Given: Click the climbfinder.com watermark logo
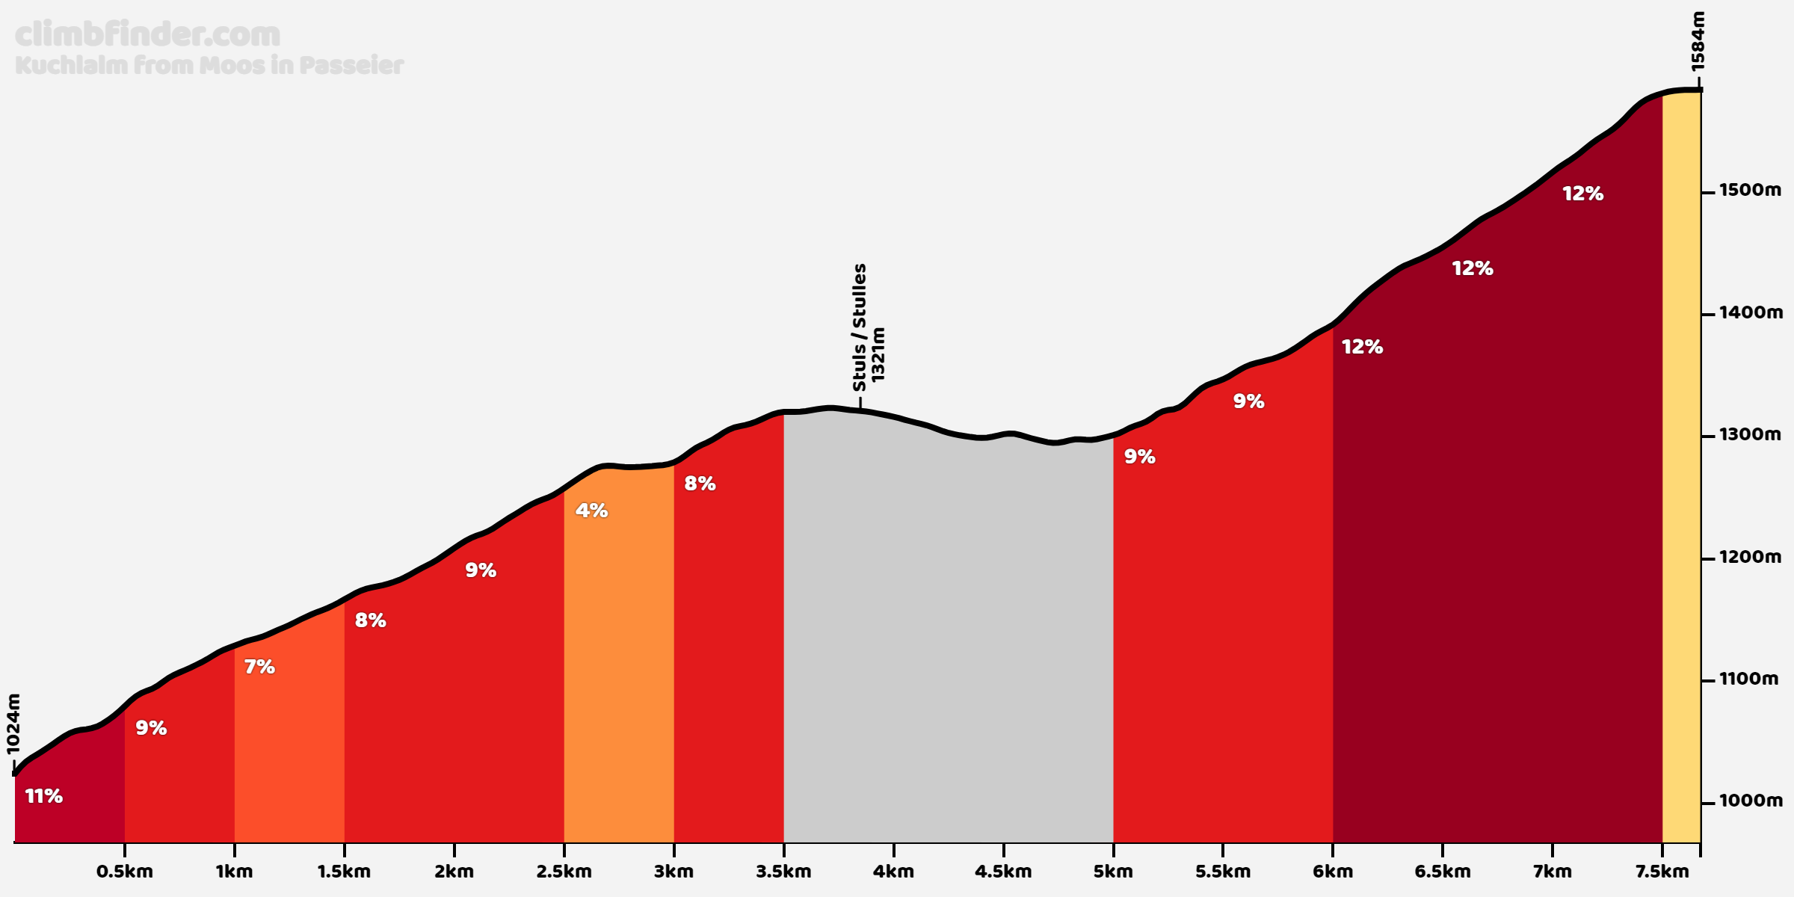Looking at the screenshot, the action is (x=147, y=34).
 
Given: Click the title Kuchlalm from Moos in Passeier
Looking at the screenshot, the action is (x=209, y=66).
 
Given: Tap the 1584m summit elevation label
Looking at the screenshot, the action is (x=1698, y=42).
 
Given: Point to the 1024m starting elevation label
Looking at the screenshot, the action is (x=13, y=724).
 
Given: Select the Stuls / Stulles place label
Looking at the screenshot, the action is (x=860, y=327).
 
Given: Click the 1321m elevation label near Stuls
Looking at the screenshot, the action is (x=878, y=354).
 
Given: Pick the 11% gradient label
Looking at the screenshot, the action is (x=44, y=796).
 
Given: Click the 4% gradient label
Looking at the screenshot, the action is (x=591, y=511).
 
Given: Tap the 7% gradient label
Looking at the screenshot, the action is (x=259, y=667).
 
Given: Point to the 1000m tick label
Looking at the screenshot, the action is (x=1751, y=801).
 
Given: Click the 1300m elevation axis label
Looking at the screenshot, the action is (x=1750, y=434).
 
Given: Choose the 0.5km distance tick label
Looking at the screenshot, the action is (x=125, y=872).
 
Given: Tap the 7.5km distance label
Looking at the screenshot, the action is (x=1662, y=872).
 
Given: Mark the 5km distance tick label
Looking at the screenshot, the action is (x=1113, y=872).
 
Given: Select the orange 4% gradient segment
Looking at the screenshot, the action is (x=619, y=658).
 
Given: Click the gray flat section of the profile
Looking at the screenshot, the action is (x=949, y=635).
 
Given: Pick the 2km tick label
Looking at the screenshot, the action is (x=454, y=872).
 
